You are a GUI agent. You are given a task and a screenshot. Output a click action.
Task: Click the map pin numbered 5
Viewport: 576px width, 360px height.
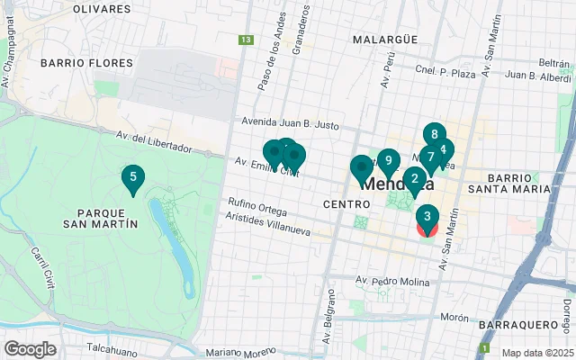coord(133,178)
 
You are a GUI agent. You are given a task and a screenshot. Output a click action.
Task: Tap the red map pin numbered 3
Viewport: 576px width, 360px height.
coord(427,218)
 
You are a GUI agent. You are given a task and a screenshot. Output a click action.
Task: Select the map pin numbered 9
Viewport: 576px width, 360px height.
coord(388,163)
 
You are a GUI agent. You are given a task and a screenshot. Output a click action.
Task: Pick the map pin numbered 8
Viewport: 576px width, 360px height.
coord(435,136)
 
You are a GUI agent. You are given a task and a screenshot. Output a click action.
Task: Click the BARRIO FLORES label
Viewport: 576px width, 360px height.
coord(86,63)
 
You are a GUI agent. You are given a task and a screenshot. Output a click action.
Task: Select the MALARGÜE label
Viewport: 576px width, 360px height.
coord(384,40)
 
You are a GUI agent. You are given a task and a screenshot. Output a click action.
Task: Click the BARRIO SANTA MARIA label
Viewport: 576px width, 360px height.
coord(517,184)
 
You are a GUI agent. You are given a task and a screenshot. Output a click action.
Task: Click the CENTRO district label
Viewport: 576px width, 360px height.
coord(342,205)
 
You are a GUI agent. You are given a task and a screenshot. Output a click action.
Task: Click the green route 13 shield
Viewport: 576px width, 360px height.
coord(246,40)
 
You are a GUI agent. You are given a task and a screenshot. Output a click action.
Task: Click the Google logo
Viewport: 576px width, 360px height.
coord(30,348)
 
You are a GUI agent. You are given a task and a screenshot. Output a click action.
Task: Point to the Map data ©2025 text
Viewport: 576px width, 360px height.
coord(536,353)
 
